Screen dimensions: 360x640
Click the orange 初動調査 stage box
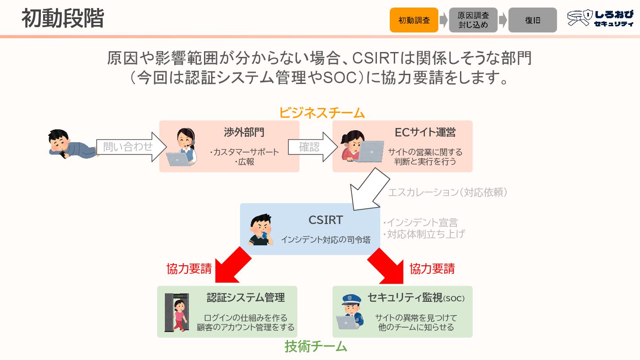[x=414, y=20]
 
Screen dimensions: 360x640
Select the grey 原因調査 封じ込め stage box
[x=473, y=20]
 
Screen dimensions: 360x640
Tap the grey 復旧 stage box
[x=532, y=20]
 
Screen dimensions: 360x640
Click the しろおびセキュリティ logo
[x=600, y=19]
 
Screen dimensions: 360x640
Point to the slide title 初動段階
[x=63, y=19]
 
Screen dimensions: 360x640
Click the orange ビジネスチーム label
[x=322, y=113]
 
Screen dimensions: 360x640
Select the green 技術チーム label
[x=316, y=346]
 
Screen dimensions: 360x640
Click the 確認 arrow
[x=310, y=147]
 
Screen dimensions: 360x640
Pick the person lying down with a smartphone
[x=71, y=144]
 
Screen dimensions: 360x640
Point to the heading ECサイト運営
[x=425, y=132]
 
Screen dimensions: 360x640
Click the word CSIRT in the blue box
[x=325, y=220]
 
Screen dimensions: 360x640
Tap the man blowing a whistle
[x=261, y=229]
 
